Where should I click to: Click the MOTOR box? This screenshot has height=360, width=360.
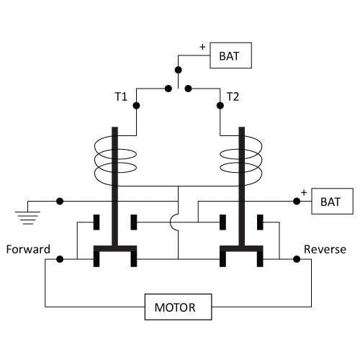[x=178, y=307]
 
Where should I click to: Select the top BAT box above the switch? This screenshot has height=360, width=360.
[x=230, y=55]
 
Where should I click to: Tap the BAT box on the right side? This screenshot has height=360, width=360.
[x=332, y=201]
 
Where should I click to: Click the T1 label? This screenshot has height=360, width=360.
[x=121, y=96]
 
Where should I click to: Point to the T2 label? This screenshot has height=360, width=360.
[x=233, y=96]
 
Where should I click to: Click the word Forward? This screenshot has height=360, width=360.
[x=28, y=249]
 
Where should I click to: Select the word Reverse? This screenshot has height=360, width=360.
[x=325, y=249]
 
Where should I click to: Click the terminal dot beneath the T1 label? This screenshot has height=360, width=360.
[x=136, y=105]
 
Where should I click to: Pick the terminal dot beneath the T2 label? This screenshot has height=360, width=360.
[x=220, y=105]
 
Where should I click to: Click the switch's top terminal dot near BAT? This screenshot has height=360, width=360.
[x=178, y=70]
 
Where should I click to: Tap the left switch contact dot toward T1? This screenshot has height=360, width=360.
[x=168, y=89]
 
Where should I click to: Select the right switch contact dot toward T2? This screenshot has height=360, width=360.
[x=189, y=89]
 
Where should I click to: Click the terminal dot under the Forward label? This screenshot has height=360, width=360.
[x=60, y=259]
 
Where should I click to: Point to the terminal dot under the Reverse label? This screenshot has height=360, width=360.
[x=297, y=259]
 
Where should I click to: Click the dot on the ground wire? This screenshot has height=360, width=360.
[x=60, y=201]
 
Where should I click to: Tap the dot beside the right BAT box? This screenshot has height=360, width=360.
[x=297, y=201]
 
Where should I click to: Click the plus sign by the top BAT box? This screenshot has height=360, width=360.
[x=202, y=47]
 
